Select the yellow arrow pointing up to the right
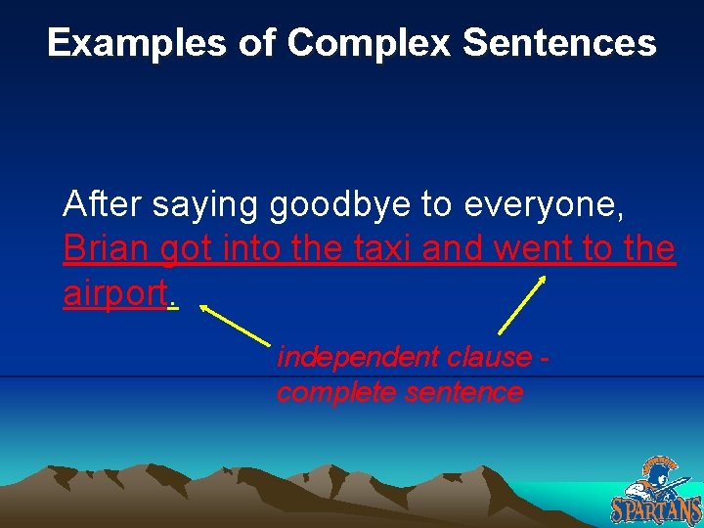click(x=522, y=305)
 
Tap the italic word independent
click(x=356, y=358)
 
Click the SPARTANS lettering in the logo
click(x=656, y=509)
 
